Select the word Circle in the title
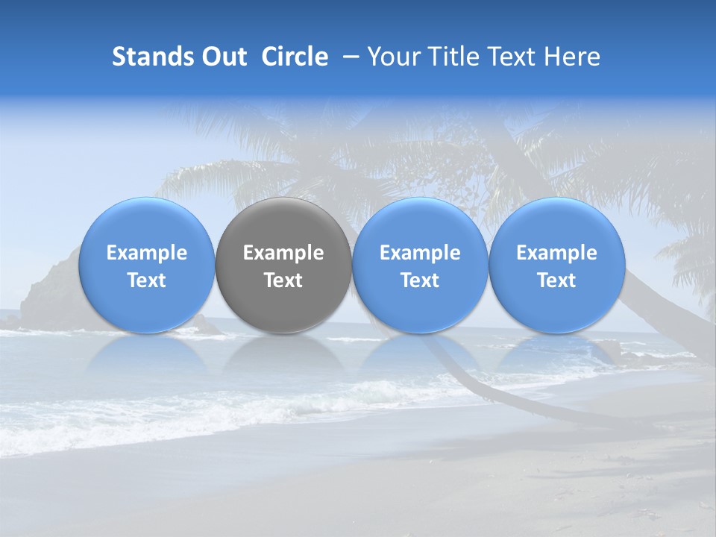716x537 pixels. pyautogui.click(x=295, y=57)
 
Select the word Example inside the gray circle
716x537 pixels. pyautogui.click(x=283, y=253)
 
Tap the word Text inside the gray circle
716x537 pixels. pyautogui.click(x=283, y=280)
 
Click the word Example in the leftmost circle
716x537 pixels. pyautogui.click(x=146, y=253)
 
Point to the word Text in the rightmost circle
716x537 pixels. pyautogui.click(x=556, y=280)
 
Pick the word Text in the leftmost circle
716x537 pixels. pyautogui.click(x=146, y=280)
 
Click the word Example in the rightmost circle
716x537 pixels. pyautogui.click(x=556, y=253)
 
